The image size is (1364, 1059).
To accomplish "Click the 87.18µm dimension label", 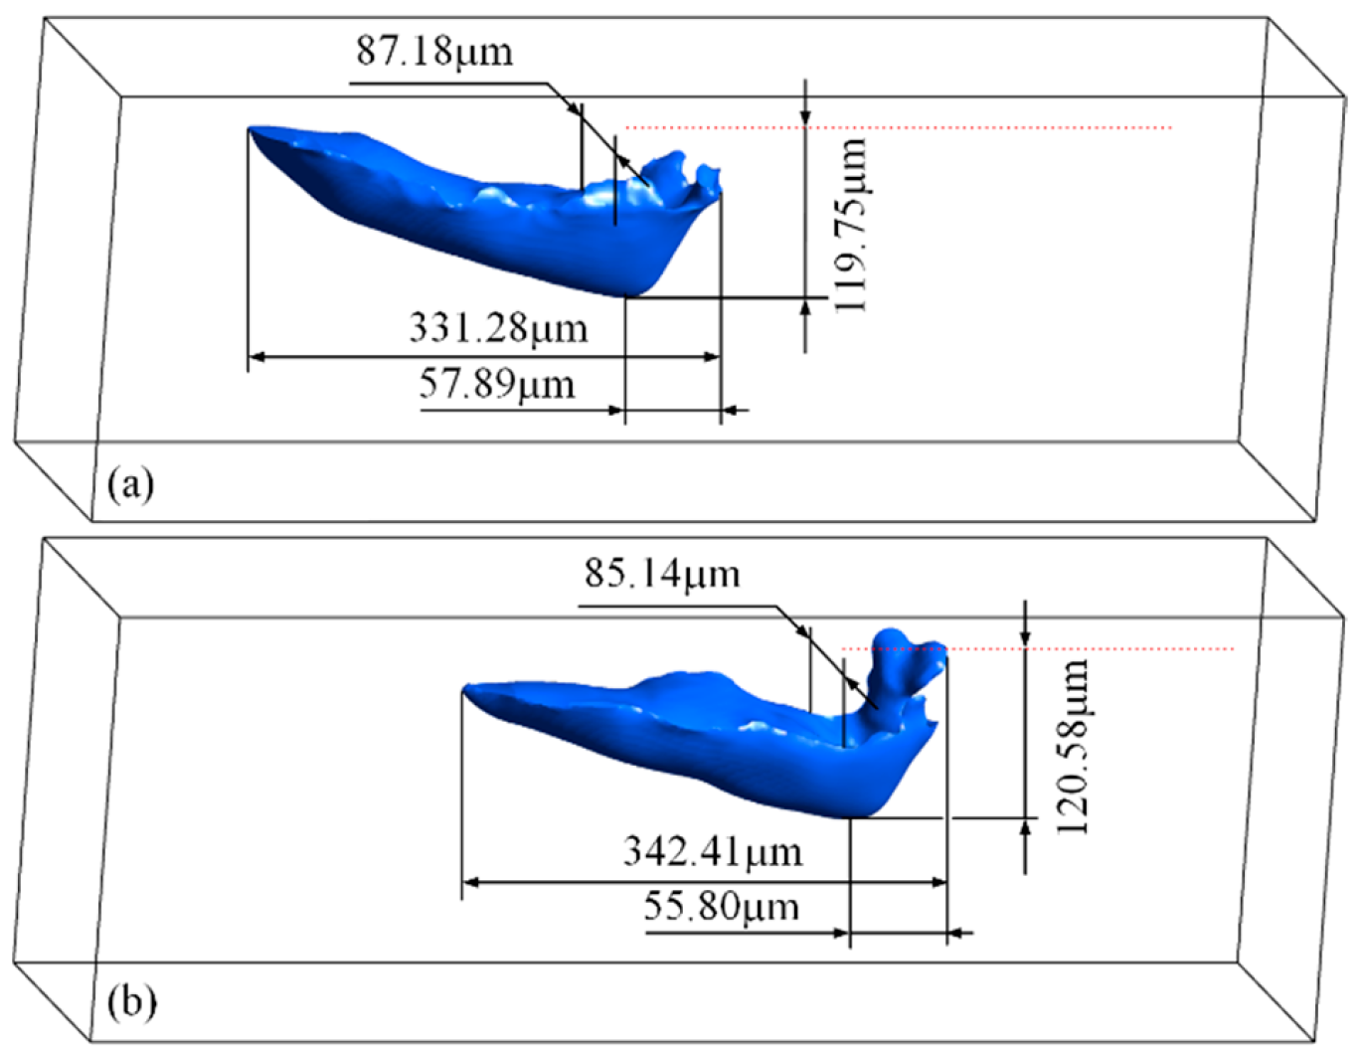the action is click(x=434, y=51).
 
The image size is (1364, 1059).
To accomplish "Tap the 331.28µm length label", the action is click(x=499, y=328).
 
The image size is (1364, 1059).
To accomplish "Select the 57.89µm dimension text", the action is click(x=496, y=384).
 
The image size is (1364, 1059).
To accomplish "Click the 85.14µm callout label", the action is click(x=662, y=573).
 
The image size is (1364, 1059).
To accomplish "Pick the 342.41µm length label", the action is click(x=713, y=852).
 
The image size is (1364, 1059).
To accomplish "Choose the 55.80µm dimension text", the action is click(x=721, y=907).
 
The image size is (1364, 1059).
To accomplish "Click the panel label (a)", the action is click(x=130, y=484).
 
